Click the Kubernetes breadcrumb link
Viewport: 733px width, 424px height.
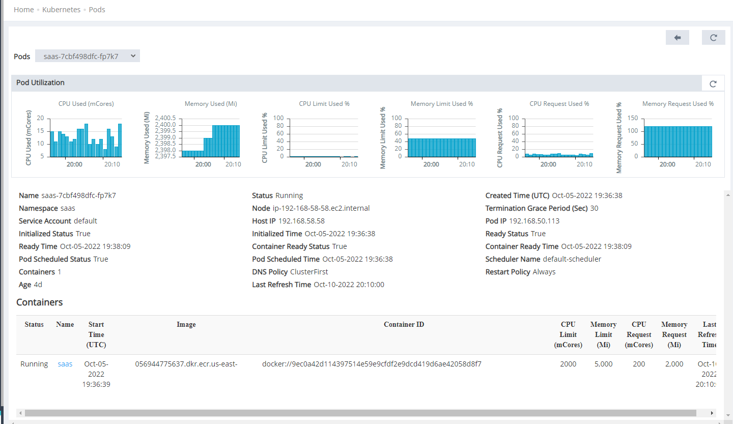pos(61,10)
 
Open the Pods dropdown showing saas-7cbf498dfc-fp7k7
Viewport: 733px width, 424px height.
pos(88,56)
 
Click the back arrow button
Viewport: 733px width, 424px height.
pos(677,37)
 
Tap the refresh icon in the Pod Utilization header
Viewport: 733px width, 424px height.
pos(713,83)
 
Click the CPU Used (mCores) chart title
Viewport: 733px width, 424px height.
pos(86,104)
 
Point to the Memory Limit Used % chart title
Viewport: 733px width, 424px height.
pos(441,104)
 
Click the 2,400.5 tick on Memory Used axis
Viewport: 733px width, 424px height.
pos(166,118)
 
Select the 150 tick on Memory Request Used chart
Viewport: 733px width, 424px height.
pos(633,118)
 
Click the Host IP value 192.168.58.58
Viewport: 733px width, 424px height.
pos(301,221)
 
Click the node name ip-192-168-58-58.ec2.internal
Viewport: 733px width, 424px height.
pos(321,208)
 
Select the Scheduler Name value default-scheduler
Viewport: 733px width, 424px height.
pos(572,259)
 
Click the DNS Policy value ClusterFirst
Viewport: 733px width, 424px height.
pos(309,272)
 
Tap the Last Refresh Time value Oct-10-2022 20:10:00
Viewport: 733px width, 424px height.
pos(349,285)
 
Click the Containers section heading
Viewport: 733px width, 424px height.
pos(40,302)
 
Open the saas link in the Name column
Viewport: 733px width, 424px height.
pos(65,364)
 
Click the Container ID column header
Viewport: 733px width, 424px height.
pos(404,324)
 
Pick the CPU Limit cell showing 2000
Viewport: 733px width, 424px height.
pos(568,364)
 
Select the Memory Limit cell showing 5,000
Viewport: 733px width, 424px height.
pos(603,364)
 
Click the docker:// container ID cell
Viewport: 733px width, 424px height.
pos(372,364)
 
